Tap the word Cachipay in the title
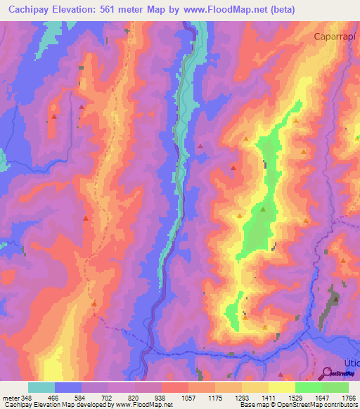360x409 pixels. pyautogui.click(x=28, y=9)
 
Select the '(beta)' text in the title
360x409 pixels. pyautogui.click(x=279, y=9)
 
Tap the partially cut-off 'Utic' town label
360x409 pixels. pyautogui.click(x=350, y=362)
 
